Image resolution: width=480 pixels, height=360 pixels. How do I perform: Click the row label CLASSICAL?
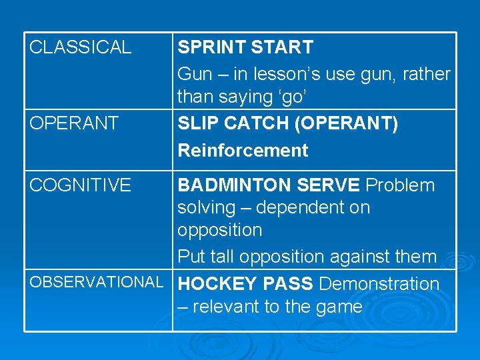pyautogui.click(x=80, y=47)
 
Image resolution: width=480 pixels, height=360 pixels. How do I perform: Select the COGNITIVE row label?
pyautogui.click(x=80, y=185)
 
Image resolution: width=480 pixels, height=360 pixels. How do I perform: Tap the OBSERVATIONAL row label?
pyautogui.click(x=96, y=282)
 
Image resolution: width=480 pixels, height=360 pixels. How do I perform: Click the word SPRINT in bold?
pyautogui.click(x=211, y=47)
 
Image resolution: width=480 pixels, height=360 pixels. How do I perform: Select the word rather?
pyautogui.click(x=427, y=74)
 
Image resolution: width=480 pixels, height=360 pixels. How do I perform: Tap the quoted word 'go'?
pyautogui.click(x=291, y=97)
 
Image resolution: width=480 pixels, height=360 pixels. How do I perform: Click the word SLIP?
pyautogui.click(x=197, y=123)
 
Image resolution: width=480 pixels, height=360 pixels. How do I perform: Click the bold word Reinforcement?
pyautogui.click(x=243, y=150)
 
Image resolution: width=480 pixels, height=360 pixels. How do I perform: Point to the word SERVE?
pyautogui.click(x=329, y=185)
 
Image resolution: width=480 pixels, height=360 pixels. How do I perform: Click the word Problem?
pyautogui.click(x=400, y=185)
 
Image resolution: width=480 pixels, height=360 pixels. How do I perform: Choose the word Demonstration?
pyautogui.click(x=379, y=283)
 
